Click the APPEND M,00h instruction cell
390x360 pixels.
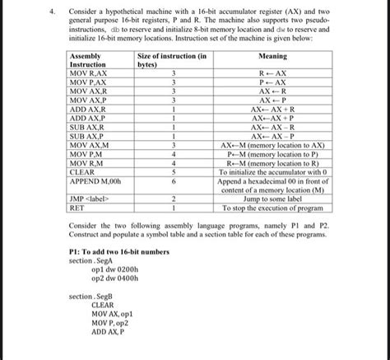click(x=97, y=180)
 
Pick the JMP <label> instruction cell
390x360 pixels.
click(x=91, y=199)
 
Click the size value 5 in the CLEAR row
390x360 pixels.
click(x=174, y=171)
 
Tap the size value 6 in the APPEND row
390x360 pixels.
click(x=174, y=180)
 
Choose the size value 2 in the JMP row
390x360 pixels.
click(x=174, y=199)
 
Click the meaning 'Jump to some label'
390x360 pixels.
click(x=272, y=199)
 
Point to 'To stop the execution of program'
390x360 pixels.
click(x=272, y=208)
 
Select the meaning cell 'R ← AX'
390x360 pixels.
click(x=272, y=73)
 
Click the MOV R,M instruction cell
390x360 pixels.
click(x=88, y=162)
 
